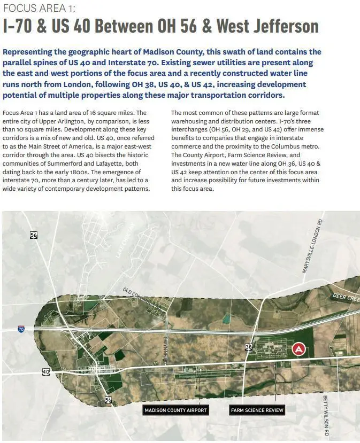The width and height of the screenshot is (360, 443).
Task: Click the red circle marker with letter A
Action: (298, 349)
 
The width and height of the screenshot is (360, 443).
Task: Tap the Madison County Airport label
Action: (175, 410)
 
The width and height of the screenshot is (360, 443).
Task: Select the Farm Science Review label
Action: (257, 410)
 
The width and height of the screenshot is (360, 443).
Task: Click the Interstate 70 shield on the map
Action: (21, 329)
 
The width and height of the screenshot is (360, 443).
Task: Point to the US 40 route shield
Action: (46, 372)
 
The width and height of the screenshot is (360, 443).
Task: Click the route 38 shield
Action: (249, 347)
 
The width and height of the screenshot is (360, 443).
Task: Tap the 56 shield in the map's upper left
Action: (34, 235)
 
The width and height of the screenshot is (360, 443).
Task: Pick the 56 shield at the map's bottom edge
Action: (109, 400)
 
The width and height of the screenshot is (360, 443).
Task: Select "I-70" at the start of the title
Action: (21, 26)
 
